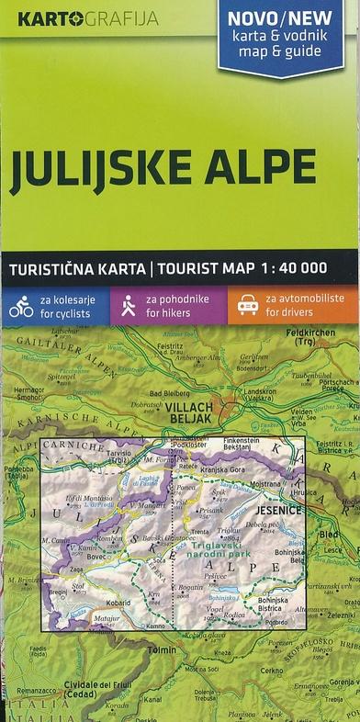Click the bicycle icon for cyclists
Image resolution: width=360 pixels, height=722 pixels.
click(x=21, y=305)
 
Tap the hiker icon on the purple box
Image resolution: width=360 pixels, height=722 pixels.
click(x=129, y=305)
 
